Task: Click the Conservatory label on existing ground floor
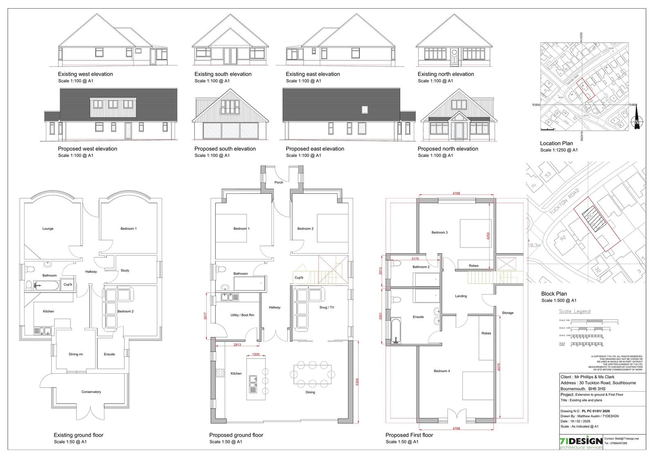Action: [91, 392]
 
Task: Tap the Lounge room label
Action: [48, 229]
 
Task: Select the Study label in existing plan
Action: [125, 270]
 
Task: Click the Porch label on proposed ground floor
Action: [279, 182]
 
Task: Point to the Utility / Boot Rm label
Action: [242, 315]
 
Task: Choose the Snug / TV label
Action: [327, 307]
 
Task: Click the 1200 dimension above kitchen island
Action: [256, 354]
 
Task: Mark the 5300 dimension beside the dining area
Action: [357, 382]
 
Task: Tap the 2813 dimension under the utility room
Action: [237, 345]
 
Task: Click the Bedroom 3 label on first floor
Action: [439, 232]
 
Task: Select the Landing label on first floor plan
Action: [461, 296]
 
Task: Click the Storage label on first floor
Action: [508, 313]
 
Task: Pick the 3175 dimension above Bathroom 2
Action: [415, 259]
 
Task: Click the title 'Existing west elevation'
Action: [86, 74]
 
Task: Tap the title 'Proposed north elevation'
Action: [448, 149]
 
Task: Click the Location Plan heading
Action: [556, 143]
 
